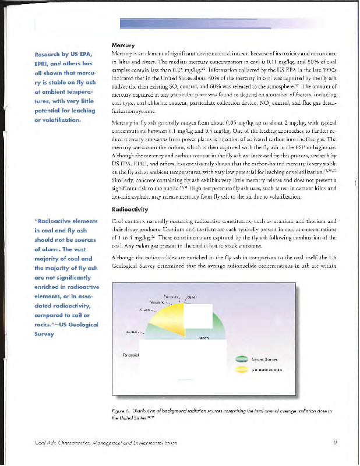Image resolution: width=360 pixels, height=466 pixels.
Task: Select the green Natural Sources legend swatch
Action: [239, 360]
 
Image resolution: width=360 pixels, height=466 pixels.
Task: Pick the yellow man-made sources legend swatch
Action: [239, 369]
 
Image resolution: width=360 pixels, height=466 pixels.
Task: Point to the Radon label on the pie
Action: [203, 337]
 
